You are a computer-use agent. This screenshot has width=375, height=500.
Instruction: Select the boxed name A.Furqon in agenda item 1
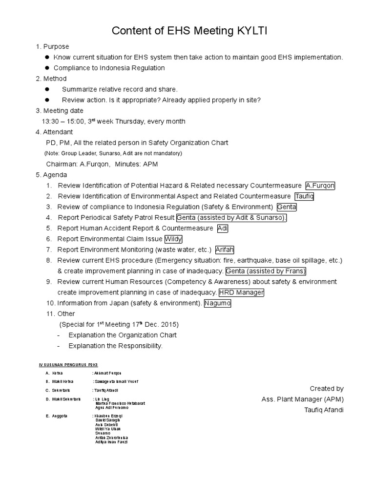coord(320,186)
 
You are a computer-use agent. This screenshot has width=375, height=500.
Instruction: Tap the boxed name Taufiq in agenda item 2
coord(304,196)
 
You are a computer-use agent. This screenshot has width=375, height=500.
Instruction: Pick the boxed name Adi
coord(223,228)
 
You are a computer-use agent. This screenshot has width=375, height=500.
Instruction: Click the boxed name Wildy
coord(173,239)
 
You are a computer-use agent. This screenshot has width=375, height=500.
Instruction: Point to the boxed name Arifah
coord(225,250)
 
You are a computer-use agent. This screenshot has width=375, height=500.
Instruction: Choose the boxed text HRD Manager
coord(241,292)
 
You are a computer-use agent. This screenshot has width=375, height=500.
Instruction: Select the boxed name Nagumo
coord(217,303)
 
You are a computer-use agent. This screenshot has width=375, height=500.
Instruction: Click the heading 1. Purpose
coord(52,46)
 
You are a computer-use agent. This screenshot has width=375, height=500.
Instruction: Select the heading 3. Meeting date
coord(59,111)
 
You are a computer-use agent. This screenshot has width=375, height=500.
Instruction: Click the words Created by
coord(327,389)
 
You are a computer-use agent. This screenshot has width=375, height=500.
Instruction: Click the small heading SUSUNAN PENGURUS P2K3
coord(69,364)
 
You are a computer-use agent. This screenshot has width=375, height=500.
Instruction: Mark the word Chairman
coord(61,164)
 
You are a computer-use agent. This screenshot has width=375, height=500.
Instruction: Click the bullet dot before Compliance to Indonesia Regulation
coord(47,68)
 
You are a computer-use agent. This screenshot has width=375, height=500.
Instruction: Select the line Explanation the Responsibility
coord(115,346)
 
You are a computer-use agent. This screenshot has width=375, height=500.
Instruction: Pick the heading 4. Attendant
coord(54,132)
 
